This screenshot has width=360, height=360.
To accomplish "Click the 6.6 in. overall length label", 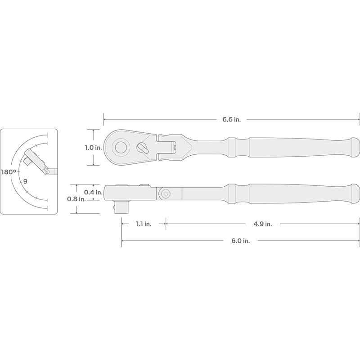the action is pos(231,119).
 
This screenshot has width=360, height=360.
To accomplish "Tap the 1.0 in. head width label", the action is pos(93,148).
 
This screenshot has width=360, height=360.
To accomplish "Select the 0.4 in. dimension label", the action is pos(93,192).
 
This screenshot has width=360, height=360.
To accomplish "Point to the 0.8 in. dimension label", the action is pos(76,199).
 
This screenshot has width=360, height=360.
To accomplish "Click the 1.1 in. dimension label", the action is pos(144,224).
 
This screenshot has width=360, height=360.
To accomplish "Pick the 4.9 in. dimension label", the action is pos(263,224).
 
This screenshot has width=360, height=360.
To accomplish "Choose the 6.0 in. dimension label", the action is pos(240,241).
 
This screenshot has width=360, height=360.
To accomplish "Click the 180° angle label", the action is pos(9,172).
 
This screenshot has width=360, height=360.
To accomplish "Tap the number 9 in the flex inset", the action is pos(25,181).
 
